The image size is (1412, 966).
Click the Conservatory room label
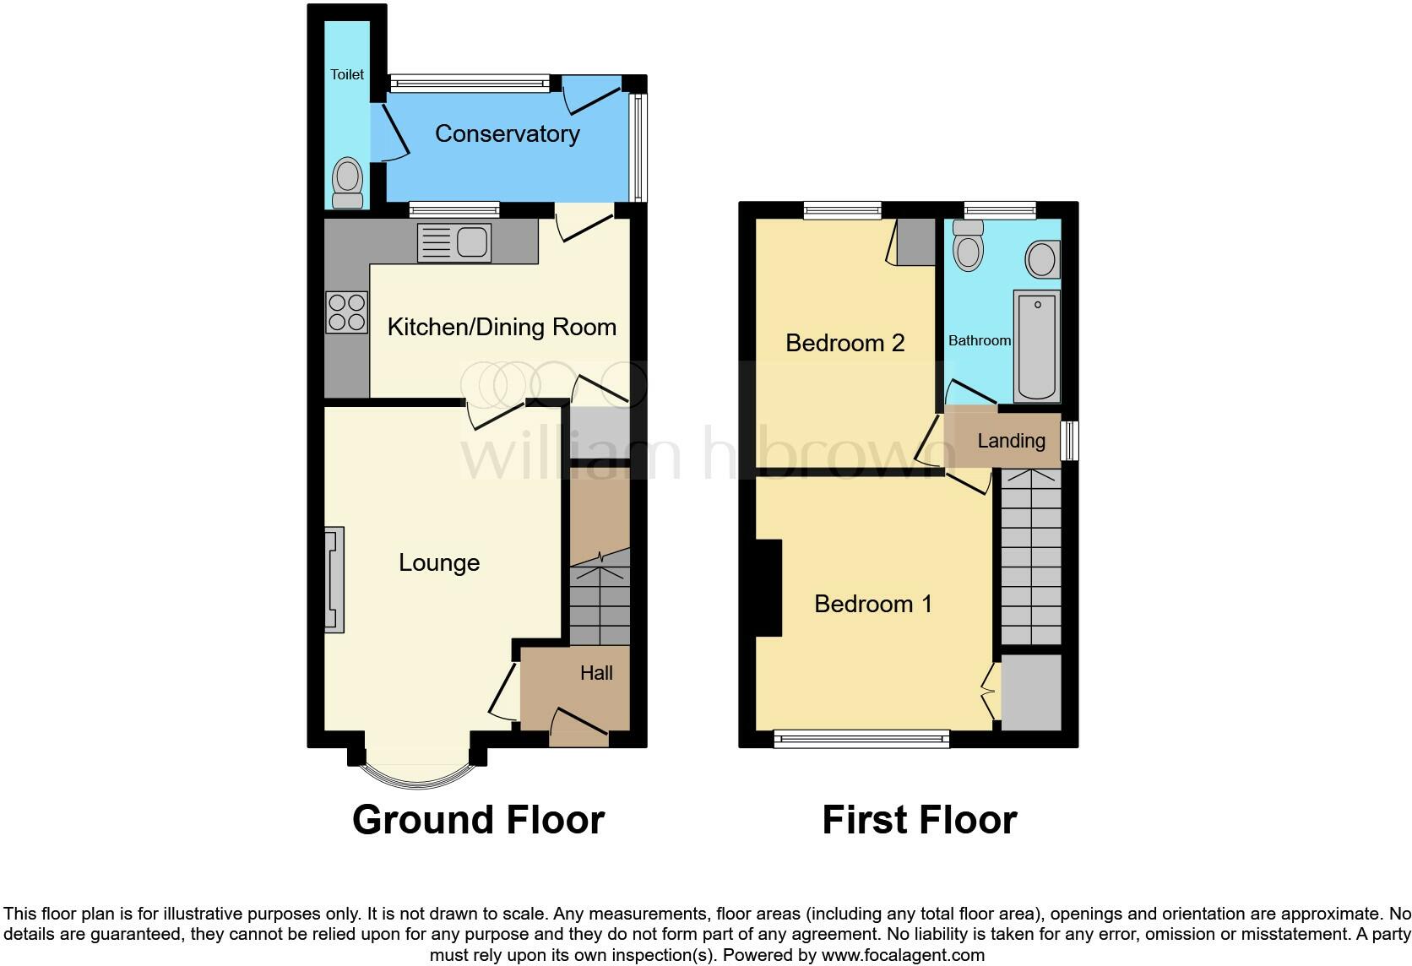(507, 133)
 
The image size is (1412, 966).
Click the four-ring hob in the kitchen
(347, 312)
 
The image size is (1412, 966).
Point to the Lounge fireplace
(334, 579)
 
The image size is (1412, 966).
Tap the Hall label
(596, 673)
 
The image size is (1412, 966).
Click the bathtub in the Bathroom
(1037, 347)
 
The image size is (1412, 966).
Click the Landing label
(1011, 440)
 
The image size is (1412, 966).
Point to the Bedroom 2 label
(844, 342)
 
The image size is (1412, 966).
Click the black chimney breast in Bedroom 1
(769, 588)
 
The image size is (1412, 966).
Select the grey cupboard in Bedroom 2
(915, 241)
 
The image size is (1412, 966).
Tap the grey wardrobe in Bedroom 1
(1030, 692)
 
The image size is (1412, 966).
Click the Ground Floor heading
(478, 820)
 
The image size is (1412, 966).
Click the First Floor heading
(919, 820)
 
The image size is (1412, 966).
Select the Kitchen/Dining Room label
(502, 327)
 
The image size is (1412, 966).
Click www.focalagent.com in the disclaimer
(903, 955)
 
